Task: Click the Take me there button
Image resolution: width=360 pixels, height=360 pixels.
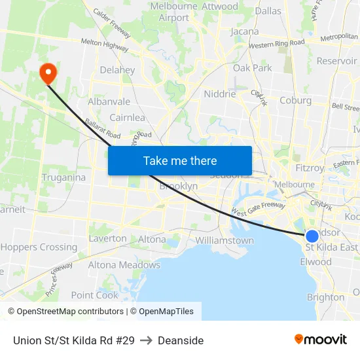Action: click(180, 160)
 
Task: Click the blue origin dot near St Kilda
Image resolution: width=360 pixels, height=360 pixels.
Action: click(312, 236)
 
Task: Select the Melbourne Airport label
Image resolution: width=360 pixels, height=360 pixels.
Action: click(174, 12)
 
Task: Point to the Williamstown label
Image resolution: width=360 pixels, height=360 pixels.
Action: click(225, 240)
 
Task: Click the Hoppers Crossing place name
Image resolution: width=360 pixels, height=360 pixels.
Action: click(39, 247)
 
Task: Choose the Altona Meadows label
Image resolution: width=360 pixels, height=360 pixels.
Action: click(124, 265)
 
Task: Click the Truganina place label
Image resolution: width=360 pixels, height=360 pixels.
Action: click(63, 177)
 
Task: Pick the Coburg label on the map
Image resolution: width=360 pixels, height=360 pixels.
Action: click(295, 100)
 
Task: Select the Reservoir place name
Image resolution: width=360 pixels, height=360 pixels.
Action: click(336, 61)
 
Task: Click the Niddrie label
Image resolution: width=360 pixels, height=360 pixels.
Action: click(220, 94)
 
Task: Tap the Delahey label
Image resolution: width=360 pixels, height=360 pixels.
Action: click(117, 70)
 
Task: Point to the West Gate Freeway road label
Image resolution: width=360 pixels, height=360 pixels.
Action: click(257, 209)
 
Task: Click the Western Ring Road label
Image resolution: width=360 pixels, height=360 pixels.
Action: click(277, 44)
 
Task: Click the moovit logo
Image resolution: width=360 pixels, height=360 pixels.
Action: click(321, 340)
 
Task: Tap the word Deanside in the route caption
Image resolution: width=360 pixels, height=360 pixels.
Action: click(181, 340)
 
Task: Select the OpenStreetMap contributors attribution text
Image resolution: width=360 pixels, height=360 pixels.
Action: click(65, 312)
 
